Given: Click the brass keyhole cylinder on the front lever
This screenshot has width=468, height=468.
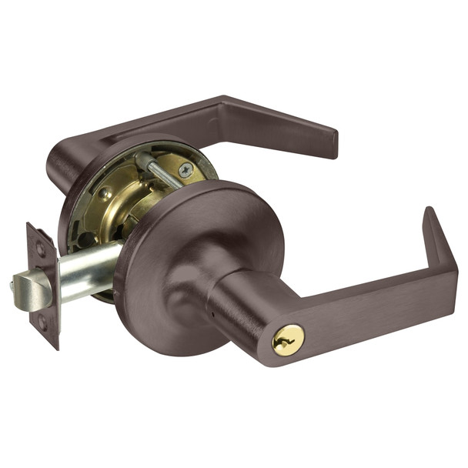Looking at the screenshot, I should point(289,339).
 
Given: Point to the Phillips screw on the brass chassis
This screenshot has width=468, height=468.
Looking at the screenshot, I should point(186,170).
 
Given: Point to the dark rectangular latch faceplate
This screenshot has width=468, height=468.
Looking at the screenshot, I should point(42,285).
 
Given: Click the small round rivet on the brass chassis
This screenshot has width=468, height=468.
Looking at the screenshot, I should point(105,192).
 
